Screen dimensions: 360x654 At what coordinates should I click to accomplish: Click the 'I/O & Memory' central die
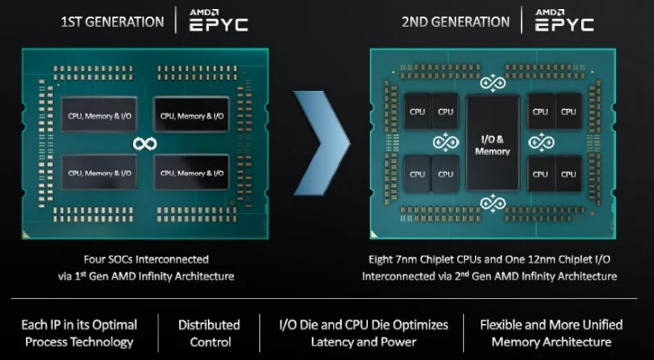pyautogui.click(x=492, y=144)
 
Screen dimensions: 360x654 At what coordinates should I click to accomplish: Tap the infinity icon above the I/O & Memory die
pyautogui.click(x=492, y=84)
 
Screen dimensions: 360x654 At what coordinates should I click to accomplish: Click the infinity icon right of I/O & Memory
pyautogui.click(x=540, y=142)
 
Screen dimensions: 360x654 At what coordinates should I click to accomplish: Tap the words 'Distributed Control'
pyautogui.click(x=209, y=333)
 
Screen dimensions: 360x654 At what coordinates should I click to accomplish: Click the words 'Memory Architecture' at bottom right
pyautogui.click(x=557, y=342)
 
